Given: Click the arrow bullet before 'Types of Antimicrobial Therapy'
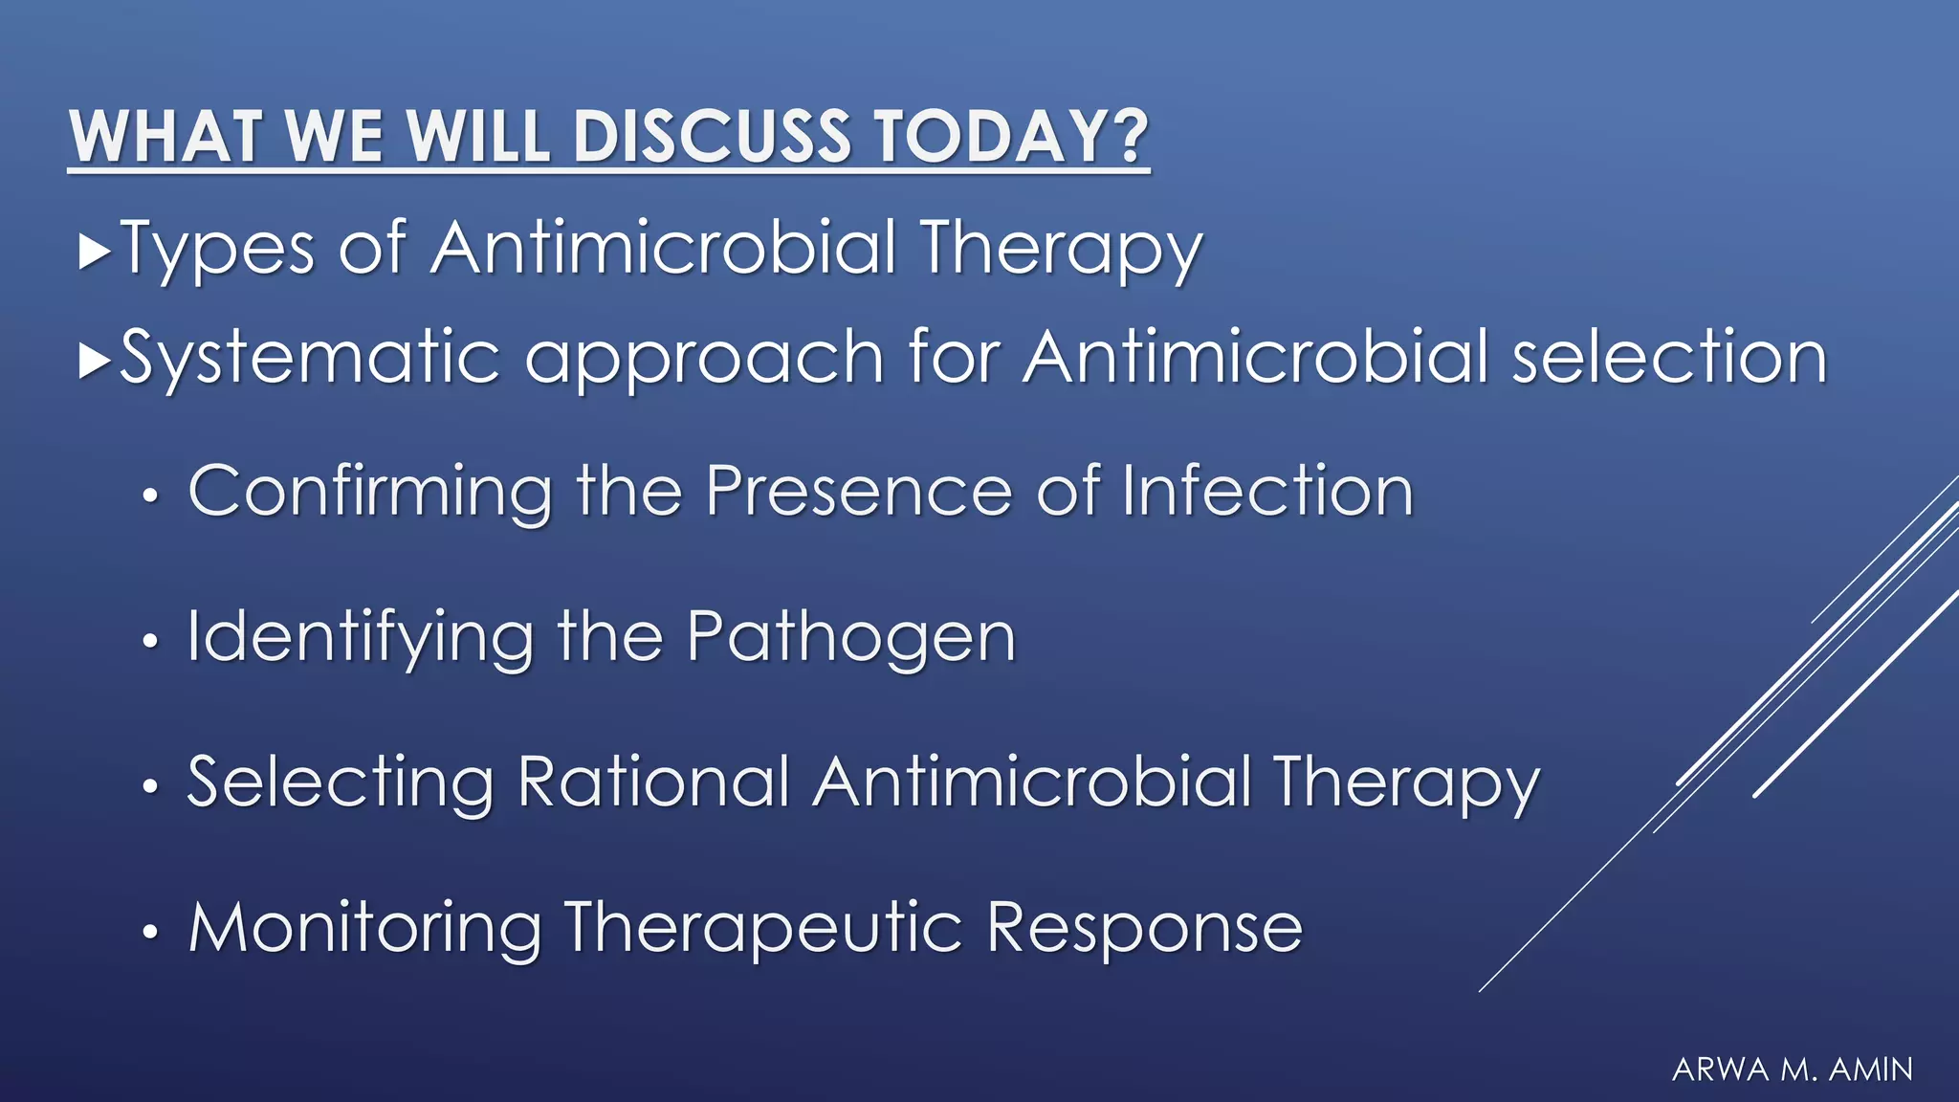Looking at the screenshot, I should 96,252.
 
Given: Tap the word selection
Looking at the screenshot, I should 1669,357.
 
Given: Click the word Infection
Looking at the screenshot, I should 1266,491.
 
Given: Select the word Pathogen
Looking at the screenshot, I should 850,639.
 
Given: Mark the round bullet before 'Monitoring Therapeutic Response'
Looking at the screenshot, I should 149,933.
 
